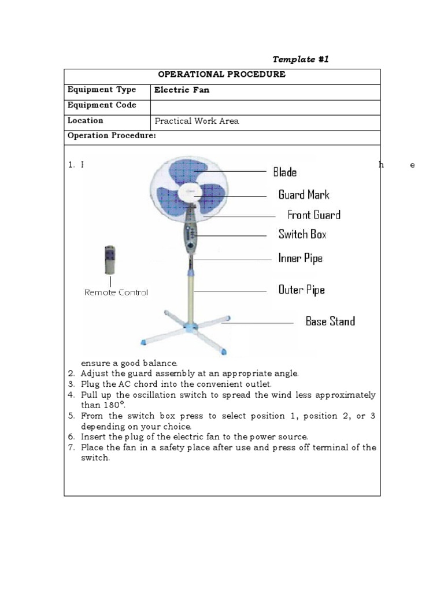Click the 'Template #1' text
301,60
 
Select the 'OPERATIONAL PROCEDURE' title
222,75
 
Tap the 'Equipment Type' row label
102,90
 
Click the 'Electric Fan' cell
182,90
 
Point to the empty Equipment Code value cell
265,106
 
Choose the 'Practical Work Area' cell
197,121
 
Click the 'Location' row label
86,121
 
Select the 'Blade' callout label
284,172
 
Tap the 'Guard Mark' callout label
304,195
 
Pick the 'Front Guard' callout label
314,215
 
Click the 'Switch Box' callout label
302,234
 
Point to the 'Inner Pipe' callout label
300,258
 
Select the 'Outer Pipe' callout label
301,290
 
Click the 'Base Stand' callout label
330,321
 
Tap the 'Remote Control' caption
116,293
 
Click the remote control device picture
110,260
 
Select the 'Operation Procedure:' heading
112,136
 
